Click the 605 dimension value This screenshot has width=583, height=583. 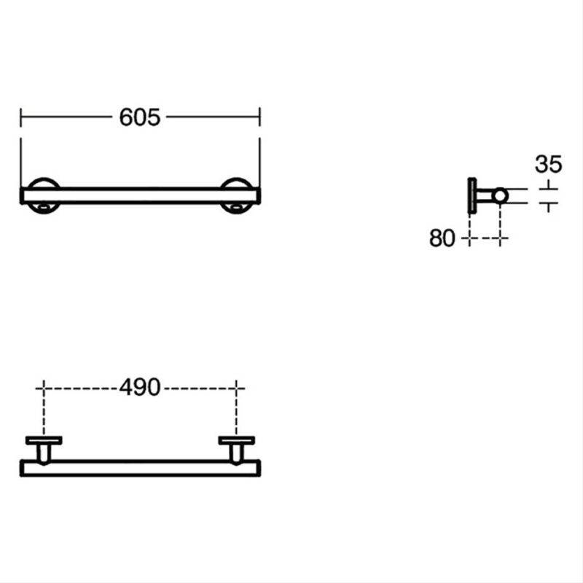[140, 117]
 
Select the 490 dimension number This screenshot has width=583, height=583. [140, 388]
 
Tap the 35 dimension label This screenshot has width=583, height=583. [549, 164]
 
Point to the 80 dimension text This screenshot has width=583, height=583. [442, 238]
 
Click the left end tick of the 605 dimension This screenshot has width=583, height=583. [21, 117]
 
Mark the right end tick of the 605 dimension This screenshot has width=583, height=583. [260, 117]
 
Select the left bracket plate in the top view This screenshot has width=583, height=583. [44, 441]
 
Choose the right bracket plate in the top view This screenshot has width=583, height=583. [236, 441]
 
